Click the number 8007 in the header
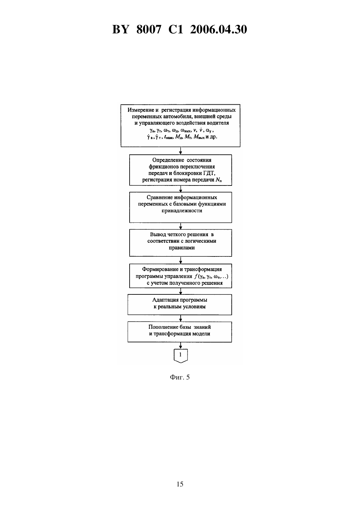(x=149, y=29)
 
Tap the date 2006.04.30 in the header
(x=218, y=29)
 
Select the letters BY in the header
(x=121, y=29)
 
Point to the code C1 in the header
(x=176, y=29)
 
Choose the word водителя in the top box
(x=218, y=123)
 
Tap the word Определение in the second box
(x=168, y=160)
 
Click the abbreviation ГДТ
(x=209, y=173)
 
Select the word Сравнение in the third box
(x=159, y=198)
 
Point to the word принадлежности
(x=182, y=211)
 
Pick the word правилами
(x=182, y=248)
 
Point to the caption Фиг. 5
(x=180, y=377)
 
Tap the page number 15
(x=180, y=484)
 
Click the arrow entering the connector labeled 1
(x=180, y=345)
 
